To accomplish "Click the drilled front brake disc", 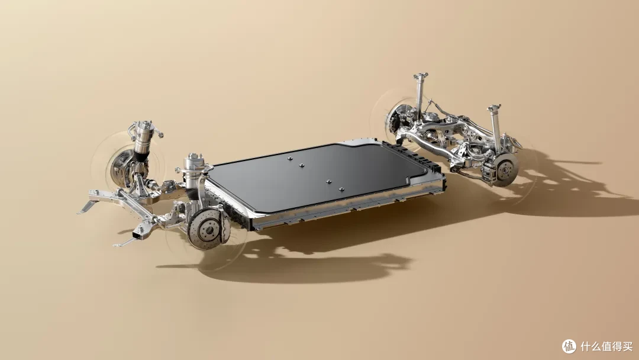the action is coord(205,229).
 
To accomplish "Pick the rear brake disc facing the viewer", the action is coord(505,169).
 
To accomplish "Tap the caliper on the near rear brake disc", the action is coord(489,171).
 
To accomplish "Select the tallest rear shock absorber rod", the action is coord(419,97).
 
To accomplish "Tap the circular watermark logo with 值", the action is coord(569,346).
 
